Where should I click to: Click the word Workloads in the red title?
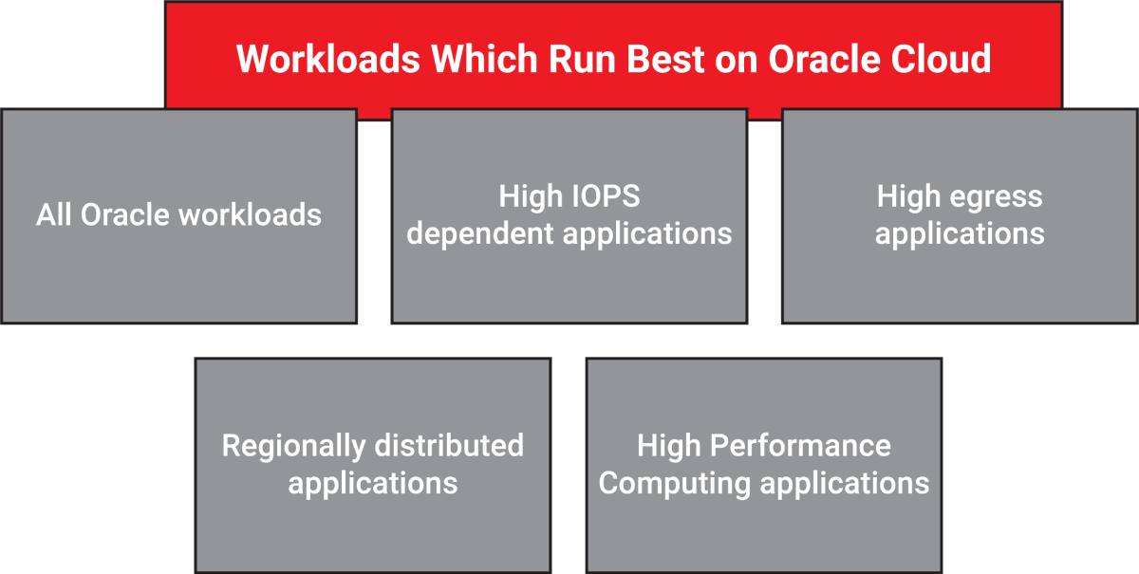tap(328, 59)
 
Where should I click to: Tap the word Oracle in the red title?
tap(824, 59)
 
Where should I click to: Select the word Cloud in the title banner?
tap(941, 59)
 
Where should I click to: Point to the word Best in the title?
tap(665, 59)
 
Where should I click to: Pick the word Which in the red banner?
tap(484, 59)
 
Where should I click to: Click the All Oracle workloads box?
tap(179, 216)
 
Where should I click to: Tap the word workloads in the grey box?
tap(251, 214)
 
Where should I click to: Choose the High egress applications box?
tap(960, 216)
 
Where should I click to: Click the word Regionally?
tap(293, 446)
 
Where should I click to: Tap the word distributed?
tap(450, 445)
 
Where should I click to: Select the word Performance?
tap(800, 445)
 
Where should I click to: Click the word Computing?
tap(674, 484)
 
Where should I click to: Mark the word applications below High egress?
tap(960, 235)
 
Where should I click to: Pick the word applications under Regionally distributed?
tap(373, 484)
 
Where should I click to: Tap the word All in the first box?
tap(53, 214)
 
